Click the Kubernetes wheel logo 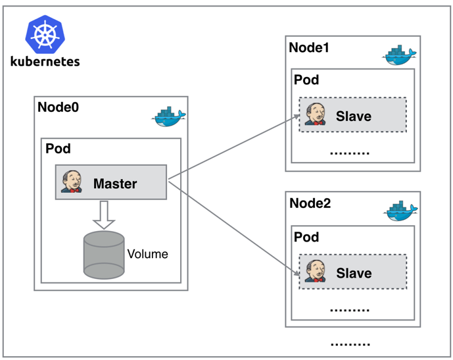(45, 34)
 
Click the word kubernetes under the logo (45, 62)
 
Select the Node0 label (58, 107)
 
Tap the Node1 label (308, 48)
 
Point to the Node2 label (309, 203)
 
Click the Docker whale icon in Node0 (169, 117)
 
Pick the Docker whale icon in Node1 (400, 56)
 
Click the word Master (115, 183)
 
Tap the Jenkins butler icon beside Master (71, 182)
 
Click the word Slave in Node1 (354, 116)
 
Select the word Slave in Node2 (354, 272)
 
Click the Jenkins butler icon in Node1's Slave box (314, 115)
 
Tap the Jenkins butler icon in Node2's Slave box (314, 271)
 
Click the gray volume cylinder (103, 253)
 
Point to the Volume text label (147, 254)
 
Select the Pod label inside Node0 (58, 149)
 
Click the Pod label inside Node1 (306, 80)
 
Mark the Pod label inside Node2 (306, 236)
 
